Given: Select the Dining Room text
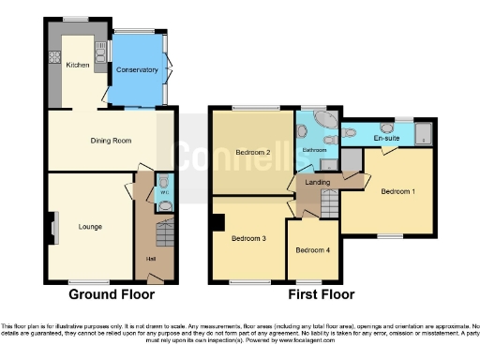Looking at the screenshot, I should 110,141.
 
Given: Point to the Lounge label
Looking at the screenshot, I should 90,226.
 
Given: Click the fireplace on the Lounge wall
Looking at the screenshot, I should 52,226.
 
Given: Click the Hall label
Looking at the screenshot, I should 150,259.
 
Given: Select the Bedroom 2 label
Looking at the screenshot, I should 254,152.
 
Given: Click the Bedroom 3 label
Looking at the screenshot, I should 250,239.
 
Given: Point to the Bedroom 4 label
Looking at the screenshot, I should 312,250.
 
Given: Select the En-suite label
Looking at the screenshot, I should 386,139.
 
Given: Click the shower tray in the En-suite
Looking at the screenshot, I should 422,133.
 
